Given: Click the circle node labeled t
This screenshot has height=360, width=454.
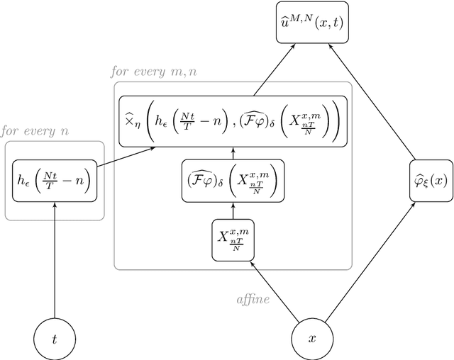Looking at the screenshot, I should click(x=55, y=339).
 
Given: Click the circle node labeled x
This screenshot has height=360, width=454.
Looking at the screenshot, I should click(x=311, y=339).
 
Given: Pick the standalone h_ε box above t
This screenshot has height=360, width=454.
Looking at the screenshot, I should click(x=55, y=180).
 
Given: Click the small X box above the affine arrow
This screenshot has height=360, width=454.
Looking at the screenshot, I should click(x=233, y=240).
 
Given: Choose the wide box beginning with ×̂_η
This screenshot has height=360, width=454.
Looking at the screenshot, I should click(x=233, y=121).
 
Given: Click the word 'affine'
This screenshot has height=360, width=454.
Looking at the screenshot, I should click(x=253, y=299).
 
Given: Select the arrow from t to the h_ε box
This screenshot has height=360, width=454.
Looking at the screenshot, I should click(x=55, y=262).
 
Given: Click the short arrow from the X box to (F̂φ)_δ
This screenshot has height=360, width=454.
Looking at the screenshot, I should click(x=233, y=211).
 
